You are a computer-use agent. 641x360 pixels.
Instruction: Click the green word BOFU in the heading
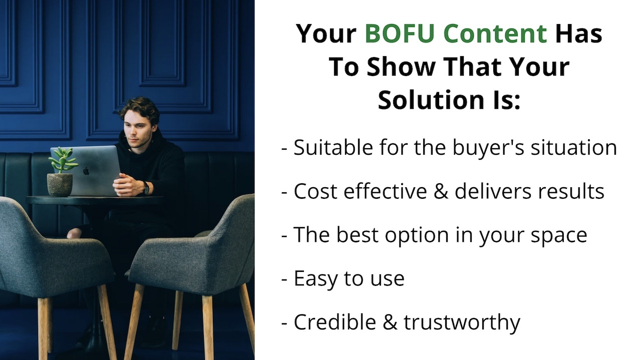point(400,34)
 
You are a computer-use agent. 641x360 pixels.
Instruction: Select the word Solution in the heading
point(431,100)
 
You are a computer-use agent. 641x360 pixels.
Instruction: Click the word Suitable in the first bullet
point(333,148)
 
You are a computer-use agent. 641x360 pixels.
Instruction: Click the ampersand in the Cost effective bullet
point(441,191)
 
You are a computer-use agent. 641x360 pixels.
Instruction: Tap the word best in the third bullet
point(357,235)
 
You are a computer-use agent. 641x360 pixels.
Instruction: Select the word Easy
point(315,279)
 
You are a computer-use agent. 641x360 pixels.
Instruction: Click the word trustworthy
point(462,322)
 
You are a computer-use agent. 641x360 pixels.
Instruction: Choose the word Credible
point(335,321)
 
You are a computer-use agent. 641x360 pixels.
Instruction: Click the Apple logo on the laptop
point(86,171)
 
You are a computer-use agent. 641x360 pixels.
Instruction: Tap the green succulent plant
point(63,160)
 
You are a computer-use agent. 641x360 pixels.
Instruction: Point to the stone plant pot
point(60,185)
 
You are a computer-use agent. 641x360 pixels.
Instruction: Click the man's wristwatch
point(146,188)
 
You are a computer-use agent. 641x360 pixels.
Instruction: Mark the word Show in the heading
point(401,67)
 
